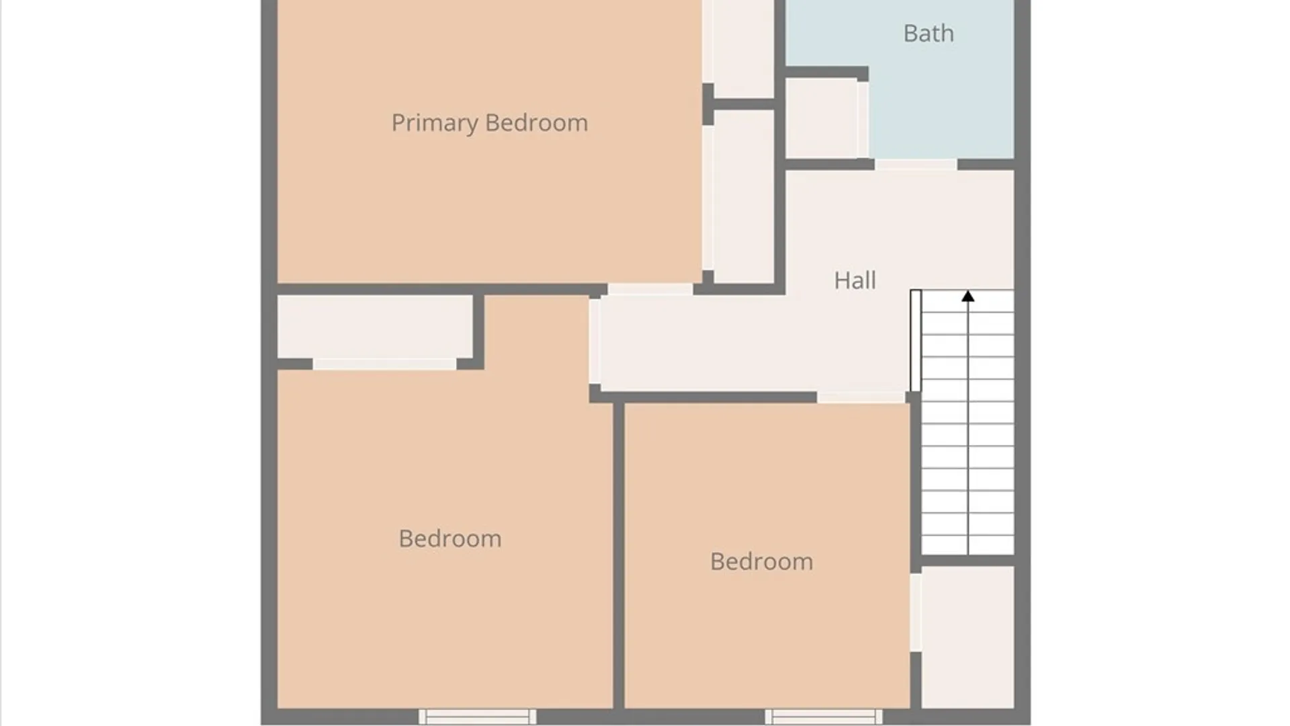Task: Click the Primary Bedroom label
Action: [489, 123]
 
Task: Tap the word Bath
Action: [929, 33]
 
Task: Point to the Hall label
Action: [855, 280]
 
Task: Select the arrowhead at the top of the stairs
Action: [967, 296]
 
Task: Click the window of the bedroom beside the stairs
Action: [824, 717]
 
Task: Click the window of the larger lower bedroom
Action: [478, 717]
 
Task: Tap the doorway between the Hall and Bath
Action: [916, 165]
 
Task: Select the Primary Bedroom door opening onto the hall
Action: [650, 290]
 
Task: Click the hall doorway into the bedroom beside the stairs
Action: [861, 398]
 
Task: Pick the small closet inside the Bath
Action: [822, 119]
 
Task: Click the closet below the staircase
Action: [967, 637]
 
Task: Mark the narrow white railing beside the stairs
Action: [915, 341]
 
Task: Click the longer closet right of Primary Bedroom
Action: [744, 196]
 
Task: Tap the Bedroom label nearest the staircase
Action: [761, 562]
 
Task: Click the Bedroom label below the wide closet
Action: [450, 539]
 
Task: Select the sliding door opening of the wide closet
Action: [384, 364]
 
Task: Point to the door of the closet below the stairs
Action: [916, 612]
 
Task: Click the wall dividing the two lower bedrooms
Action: [619, 555]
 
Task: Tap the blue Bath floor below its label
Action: [941, 108]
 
